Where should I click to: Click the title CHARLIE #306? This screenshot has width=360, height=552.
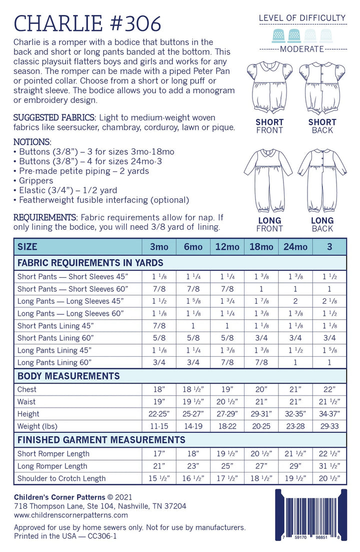[x=87, y=23]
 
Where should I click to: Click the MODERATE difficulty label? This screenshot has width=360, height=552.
[x=302, y=49]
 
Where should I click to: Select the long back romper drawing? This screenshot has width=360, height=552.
[x=322, y=182]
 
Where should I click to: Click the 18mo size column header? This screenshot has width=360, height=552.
[x=261, y=247]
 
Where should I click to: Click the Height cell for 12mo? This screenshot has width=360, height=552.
[x=227, y=414]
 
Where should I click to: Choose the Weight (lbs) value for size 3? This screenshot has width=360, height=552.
[x=329, y=426]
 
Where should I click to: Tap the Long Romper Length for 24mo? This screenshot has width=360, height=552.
[x=295, y=466]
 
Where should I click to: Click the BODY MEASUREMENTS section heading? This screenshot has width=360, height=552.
[x=68, y=376]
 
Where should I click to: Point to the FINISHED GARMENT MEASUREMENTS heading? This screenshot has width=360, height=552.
[x=101, y=440]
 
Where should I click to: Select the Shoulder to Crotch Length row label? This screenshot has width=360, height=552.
[x=61, y=478]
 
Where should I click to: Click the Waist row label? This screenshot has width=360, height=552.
[x=27, y=402]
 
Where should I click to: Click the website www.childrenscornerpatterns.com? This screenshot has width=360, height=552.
[x=71, y=515]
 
